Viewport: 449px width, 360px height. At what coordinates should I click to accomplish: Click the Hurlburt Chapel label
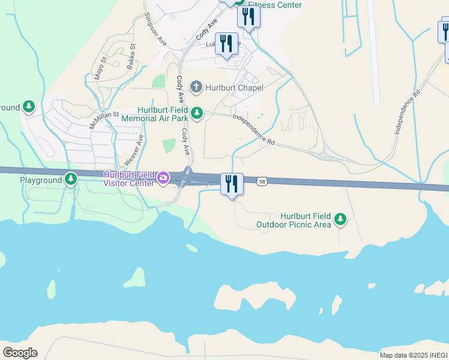[234, 88]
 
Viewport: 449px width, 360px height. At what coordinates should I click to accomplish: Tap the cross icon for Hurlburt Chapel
[196, 88]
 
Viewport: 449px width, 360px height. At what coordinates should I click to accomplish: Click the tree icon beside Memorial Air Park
[196, 112]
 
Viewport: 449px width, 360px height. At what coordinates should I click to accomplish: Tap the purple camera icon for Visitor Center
[163, 178]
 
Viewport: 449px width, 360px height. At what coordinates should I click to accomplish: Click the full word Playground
[41, 180]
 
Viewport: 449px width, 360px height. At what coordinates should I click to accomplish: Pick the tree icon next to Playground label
[71, 179]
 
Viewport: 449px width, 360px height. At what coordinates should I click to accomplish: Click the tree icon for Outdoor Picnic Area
[340, 220]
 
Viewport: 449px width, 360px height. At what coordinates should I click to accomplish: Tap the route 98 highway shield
[262, 181]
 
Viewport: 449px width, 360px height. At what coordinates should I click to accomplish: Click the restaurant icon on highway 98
[232, 184]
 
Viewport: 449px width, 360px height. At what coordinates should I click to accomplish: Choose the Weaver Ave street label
[134, 150]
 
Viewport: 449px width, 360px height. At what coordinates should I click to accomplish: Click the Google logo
[20, 352]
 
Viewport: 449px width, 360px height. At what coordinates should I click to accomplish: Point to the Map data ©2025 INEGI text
[414, 355]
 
